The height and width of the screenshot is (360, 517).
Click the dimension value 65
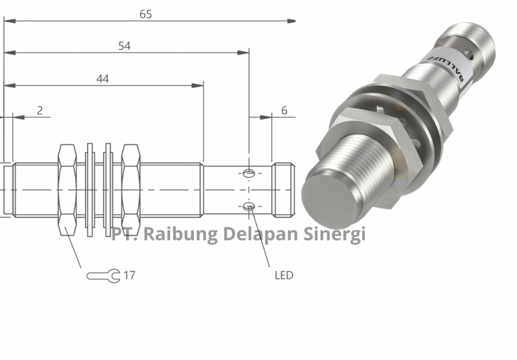coord(145,14)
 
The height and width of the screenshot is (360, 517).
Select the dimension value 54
coord(124,46)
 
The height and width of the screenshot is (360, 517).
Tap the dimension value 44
coord(102,79)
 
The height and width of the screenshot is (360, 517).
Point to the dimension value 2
coord(39,110)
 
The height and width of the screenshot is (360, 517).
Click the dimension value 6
coord(284,110)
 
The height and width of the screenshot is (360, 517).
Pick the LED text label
coord(284,275)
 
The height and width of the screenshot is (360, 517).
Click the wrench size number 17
coord(129,275)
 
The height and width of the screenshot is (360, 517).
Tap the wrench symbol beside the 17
coord(104,276)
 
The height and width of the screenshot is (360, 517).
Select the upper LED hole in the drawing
coord(248,174)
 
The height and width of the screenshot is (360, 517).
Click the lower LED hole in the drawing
coord(248,205)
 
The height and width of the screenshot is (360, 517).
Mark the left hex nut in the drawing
coord(68,189)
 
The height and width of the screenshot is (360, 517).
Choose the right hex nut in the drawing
coord(131,189)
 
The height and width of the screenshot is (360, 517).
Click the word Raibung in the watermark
coord(180,234)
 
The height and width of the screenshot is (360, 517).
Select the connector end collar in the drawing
coord(283,189)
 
